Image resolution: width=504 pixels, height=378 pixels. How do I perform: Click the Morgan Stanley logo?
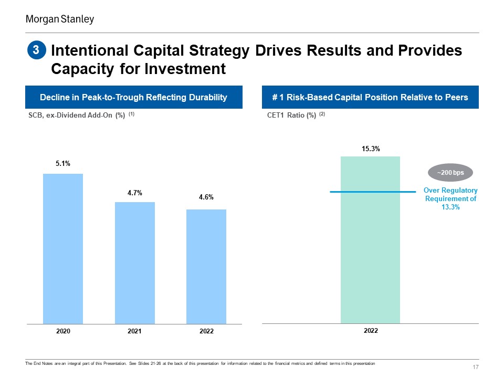click(x=60, y=19)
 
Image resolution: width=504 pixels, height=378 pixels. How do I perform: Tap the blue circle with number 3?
click(x=37, y=50)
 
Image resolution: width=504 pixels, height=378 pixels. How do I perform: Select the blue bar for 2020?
click(x=63, y=249)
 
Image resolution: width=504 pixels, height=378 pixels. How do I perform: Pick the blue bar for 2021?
click(x=135, y=263)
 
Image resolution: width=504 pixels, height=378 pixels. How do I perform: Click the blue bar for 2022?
click(x=206, y=267)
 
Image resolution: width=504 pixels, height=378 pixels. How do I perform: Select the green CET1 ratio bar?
click(x=370, y=240)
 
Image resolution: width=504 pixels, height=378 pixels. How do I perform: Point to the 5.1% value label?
click(x=63, y=164)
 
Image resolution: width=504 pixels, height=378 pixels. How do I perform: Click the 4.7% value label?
click(x=135, y=193)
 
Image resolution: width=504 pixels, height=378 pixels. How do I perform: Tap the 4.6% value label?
click(x=206, y=197)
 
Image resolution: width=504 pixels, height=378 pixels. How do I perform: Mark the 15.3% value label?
click(x=371, y=149)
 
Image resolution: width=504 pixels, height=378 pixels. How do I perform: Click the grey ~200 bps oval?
click(x=450, y=173)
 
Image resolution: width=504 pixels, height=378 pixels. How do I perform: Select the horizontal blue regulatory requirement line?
click(x=373, y=192)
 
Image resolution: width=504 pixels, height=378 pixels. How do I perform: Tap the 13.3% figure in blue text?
click(x=450, y=207)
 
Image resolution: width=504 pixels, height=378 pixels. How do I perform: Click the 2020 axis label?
click(x=63, y=331)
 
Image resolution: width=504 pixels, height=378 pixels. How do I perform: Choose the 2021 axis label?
click(x=134, y=331)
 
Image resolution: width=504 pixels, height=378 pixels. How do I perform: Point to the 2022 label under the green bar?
click(x=371, y=330)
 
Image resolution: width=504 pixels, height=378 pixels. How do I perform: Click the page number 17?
click(x=476, y=367)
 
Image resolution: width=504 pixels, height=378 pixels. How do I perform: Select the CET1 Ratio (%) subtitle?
click(x=291, y=115)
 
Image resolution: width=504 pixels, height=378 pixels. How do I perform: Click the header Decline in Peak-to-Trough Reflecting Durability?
click(x=133, y=97)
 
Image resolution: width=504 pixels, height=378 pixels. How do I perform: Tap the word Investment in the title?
click(x=185, y=69)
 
